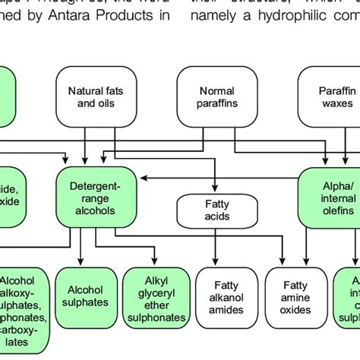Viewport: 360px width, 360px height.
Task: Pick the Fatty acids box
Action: click(216, 211)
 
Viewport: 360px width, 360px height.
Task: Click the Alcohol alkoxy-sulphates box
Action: click(25, 304)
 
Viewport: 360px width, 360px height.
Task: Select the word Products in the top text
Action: click(130, 17)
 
